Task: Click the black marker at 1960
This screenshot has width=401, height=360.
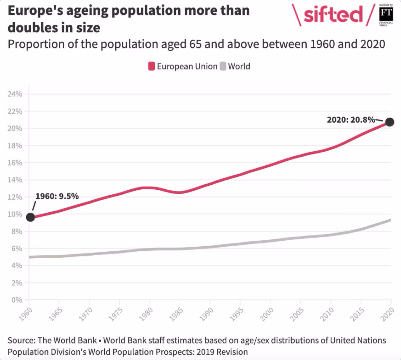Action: [30, 217]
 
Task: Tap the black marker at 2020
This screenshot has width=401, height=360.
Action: [390, 122]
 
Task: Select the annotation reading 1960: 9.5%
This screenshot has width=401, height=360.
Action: [57, 196]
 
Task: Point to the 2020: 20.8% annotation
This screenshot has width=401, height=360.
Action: [350, 119]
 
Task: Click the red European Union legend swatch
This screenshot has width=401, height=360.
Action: [152, 66]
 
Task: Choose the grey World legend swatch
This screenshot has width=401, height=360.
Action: [223, 66]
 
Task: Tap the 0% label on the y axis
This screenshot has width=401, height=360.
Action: [16, 300]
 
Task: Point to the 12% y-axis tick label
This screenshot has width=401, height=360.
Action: [15, 197]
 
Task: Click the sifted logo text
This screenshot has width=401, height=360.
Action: [333, 15]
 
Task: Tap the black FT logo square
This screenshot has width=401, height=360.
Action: [386, 14]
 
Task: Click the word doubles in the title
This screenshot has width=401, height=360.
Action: [32, 27]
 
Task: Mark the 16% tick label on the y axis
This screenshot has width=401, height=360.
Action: [15, 163]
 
